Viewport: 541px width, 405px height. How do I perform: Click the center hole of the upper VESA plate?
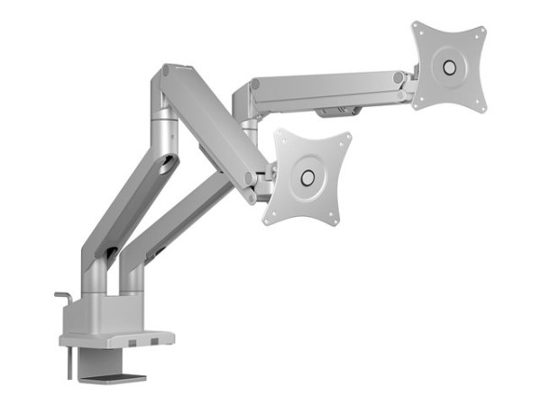coord(448,66)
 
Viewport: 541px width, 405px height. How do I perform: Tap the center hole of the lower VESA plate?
coord(307,176)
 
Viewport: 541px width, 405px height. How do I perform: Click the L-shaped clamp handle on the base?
coord(62,297)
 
